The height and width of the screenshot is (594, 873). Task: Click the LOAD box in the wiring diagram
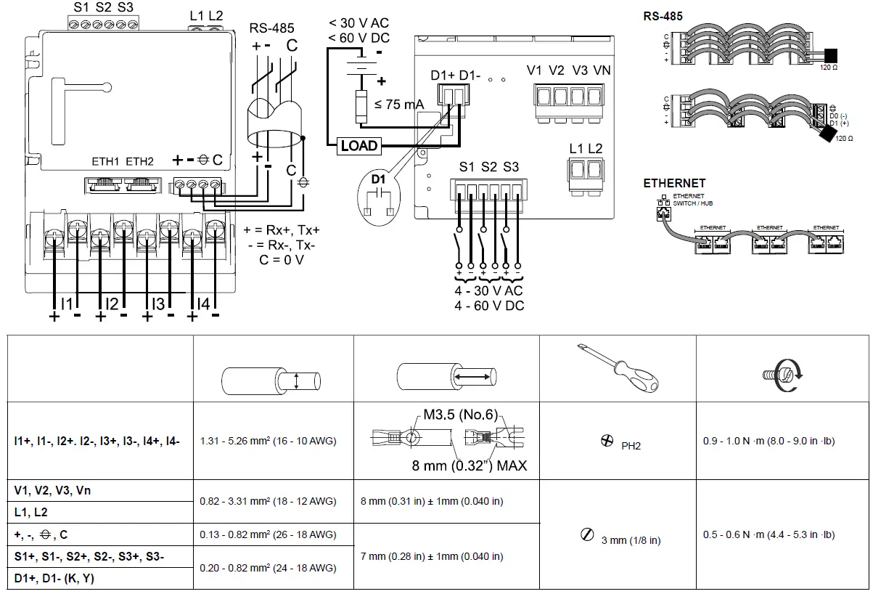point(359,146)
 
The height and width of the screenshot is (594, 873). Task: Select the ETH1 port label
point(104,161)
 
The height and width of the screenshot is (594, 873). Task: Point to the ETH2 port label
point(140,161)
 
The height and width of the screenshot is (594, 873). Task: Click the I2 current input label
point(111,303)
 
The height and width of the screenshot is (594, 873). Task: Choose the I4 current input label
point(203,303)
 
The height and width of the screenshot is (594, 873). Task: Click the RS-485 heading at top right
point(663,16)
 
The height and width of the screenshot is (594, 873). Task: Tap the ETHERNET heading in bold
point(674,184)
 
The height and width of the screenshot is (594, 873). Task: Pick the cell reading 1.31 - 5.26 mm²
point(268,441)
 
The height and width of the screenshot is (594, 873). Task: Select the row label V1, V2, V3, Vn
point(52,490)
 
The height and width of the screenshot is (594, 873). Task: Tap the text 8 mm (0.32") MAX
point(470,465)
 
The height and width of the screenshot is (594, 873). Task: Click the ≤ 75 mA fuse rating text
point(399,105)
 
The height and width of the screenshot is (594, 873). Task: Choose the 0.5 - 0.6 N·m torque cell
point(769,534)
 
